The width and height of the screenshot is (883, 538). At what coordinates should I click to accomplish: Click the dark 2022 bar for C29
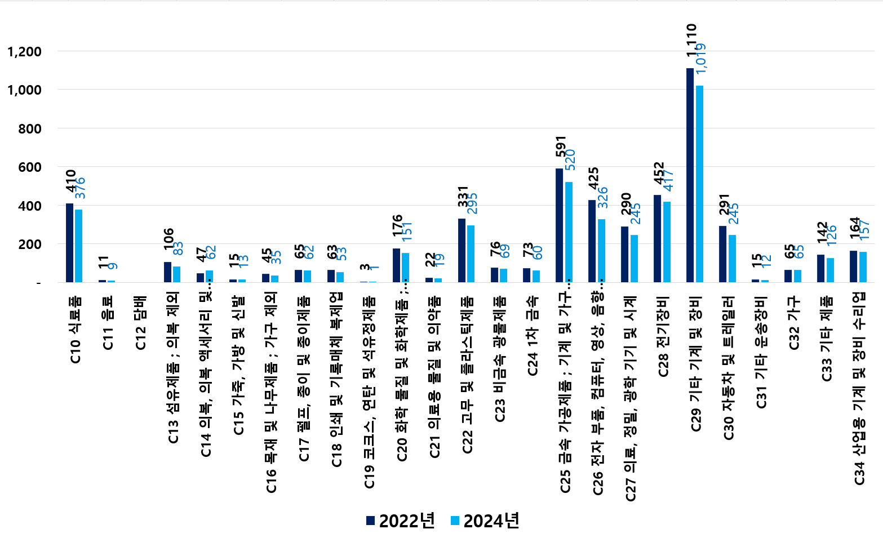(x=690, y=175)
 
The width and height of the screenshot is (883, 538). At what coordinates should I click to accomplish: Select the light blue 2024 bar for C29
(x=699, y=184)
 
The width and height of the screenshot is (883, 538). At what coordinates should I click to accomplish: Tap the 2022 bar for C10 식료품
(x=69, y=243)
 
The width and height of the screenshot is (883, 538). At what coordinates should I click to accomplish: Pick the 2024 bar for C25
(x=569, y=232)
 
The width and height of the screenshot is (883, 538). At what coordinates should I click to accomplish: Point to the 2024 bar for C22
(x=471, y=254)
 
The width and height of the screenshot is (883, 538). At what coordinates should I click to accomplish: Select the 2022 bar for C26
(x=592, y=241)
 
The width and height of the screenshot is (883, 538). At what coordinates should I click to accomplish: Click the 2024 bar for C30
(x=732, y=259)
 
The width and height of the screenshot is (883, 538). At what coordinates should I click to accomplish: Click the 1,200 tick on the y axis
(x=24, y=52)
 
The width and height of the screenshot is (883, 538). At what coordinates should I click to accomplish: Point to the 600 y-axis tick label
(x=30, y=167)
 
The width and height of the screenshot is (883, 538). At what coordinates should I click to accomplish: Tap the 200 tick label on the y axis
(x=30, y=244)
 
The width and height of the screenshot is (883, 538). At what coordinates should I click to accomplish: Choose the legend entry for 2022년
(x=401, y=521)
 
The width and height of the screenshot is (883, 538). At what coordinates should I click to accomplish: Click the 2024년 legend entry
(x=485, y=521)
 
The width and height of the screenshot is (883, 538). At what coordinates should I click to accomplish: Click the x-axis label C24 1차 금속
(x=533, y=336)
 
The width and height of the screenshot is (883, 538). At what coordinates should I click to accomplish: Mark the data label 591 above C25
(x=561, y=146)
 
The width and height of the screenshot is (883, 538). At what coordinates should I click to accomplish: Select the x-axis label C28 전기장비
(x=664, y=336)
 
